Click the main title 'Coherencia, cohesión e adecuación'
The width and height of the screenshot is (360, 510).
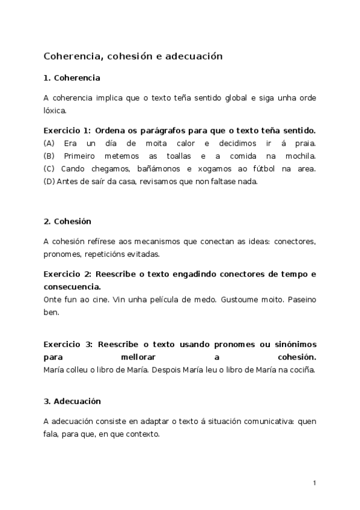coord(133,56)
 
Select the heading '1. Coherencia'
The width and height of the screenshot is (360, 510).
coord(72,78)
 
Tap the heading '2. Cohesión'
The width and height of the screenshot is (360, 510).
coord(67,221)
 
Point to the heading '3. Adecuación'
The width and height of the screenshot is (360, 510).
coord(72,401)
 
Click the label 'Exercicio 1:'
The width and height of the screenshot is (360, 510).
coord(67,131)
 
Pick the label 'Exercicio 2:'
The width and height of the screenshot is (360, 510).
coord(67,274)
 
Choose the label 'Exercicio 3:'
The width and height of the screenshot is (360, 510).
coord(67,344)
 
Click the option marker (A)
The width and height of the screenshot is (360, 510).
coord(49,143)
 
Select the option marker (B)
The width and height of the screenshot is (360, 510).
coord(49,156)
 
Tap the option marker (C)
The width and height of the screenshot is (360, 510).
coord(49,168)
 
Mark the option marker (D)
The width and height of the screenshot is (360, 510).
coord(49,181)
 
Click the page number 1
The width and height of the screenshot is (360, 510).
coord(314,483)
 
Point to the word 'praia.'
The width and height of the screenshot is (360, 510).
coord(304,143)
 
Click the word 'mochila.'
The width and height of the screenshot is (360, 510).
coord(300,156)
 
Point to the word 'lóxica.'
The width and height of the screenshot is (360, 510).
coord(55,110)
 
